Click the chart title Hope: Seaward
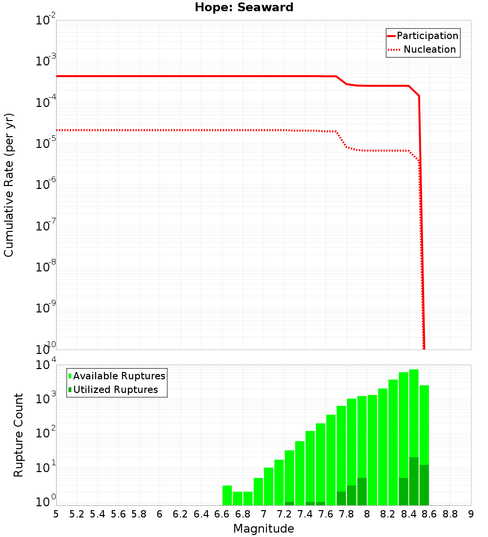(x=244, y=8)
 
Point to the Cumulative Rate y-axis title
(x=9, y=185)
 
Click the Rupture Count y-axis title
(x=19, y=435)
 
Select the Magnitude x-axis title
(x=264, y=529)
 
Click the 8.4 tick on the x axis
(x=409, y=514)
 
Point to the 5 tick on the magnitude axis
(x=56, y=514)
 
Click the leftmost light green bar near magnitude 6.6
(x=227, y=496)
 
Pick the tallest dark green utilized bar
(x=414, y=481)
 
